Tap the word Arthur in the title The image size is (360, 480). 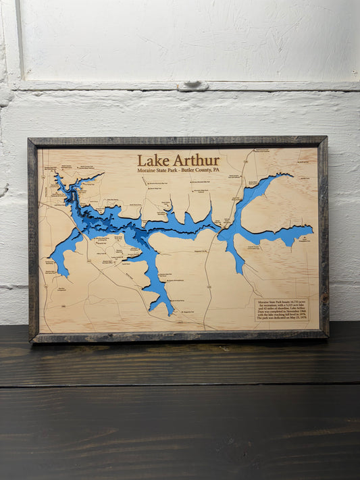(x=196, y=161)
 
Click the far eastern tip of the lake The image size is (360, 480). (x=312, y=229)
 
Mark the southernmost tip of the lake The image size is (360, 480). (x=170, y=315)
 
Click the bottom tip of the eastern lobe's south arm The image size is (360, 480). (x=241, y=272)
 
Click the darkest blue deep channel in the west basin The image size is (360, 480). (x=101, y=219)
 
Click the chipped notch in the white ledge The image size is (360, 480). (x=195, y=86)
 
